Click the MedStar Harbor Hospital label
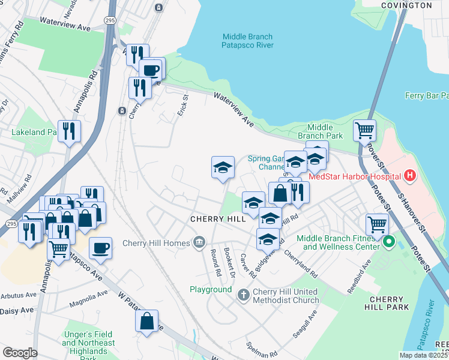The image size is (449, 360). (354, 176)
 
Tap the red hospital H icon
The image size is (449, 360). (410, 176)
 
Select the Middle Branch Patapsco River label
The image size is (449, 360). (247, 41)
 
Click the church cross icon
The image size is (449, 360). (243, 294)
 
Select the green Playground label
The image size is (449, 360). (211, 289)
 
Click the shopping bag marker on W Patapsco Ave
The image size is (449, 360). (147, 322)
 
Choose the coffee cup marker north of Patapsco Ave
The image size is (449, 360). (100, 247)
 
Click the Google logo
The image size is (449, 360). (20, 353)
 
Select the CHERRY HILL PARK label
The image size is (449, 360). (390, 303)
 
